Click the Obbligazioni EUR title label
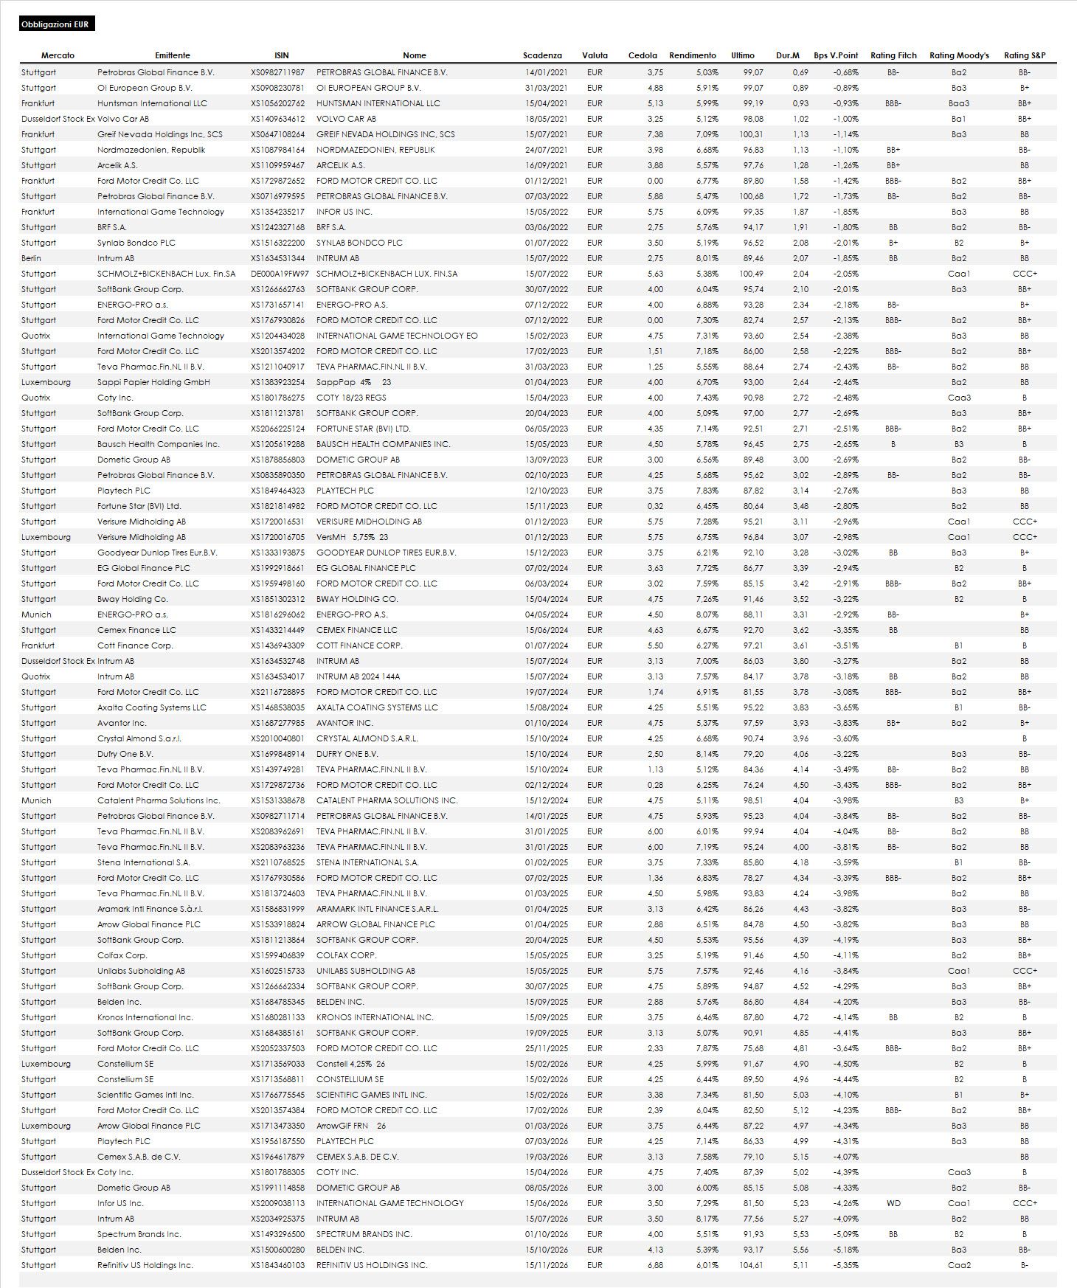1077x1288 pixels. [x=55, y=24]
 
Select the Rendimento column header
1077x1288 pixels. [x=692, y=55]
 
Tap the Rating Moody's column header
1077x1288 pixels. [x=958, y=55]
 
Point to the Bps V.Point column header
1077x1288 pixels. [x=835, y=55]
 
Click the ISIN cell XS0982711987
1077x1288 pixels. [x=277, y=72]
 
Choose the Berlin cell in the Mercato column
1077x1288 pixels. [x=32, y=258]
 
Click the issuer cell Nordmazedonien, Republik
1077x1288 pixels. [x=151, y=150]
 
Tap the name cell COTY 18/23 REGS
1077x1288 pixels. [x=351, y=398]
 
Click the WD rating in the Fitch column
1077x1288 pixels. [x=893, y=1203]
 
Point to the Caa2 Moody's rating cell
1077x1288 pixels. [x=958, y=1265]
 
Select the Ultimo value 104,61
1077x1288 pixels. [x=752, y=1265]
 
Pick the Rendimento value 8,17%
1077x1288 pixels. [x=707, y=1219]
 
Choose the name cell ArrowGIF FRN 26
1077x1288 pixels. [x=351, y=1126]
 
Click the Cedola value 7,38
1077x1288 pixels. [x=655, y=134]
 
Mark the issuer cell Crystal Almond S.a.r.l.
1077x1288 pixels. [x=139, y=738]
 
